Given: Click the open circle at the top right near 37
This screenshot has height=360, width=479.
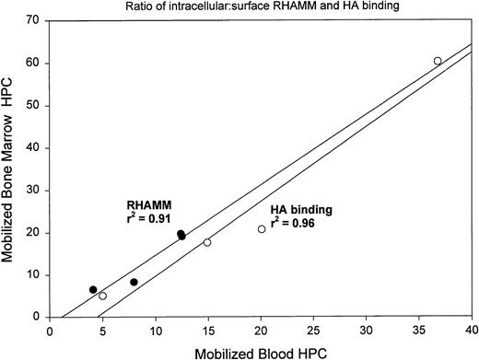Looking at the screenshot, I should (x=438, y=61).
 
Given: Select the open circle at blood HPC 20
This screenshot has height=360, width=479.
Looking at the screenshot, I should (x=262, y=229).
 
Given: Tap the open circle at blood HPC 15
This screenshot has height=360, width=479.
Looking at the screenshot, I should (x=207, y=242).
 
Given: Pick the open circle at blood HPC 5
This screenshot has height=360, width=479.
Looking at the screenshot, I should (x=102, y=296).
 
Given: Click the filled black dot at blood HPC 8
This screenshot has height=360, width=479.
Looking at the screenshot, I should (x=134, y=283).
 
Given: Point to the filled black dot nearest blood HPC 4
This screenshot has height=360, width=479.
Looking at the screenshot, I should (x=93, y=290).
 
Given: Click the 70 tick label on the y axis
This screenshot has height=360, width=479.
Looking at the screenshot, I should (x=37, y=20).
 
